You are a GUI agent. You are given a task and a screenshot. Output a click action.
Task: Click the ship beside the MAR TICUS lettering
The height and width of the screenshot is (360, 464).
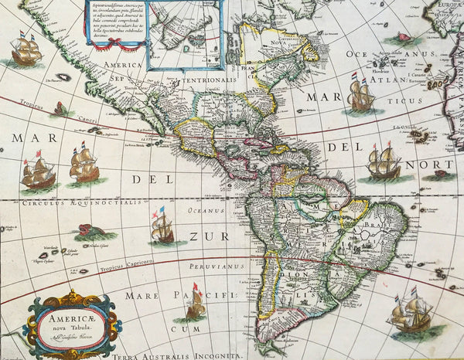coord(361,96)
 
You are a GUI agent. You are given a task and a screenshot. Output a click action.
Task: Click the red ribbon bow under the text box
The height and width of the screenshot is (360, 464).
coord(116,45)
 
